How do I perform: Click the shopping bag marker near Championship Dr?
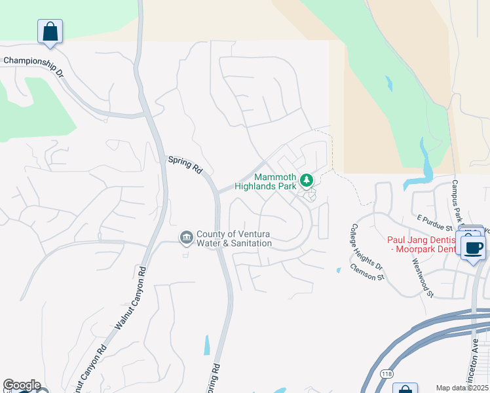point(50,31)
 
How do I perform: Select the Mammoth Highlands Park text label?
point(266,182)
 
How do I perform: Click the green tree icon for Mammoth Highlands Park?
point(306,179)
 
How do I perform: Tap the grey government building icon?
point(186,236)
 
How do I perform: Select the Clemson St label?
point(367,272)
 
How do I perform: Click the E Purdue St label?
point(436,221)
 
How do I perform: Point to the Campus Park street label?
point(457,200)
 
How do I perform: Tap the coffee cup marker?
point(474,248)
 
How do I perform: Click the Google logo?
point(22,385)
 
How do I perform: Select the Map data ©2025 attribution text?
point(462,388)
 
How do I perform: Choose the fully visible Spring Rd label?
point(185,163)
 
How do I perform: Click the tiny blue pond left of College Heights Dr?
point(338,270)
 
